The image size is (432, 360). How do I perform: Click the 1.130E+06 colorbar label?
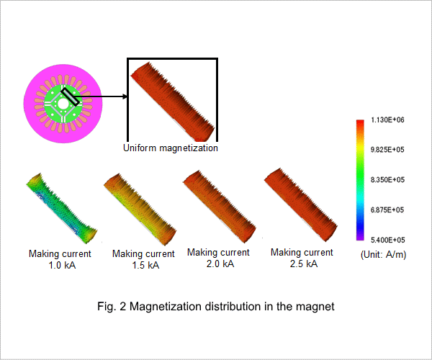[387, 120]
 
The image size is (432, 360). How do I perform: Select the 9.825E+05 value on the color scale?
[387, 150]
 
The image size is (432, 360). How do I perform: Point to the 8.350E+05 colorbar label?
[387, 180]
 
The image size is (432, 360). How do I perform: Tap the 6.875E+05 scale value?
[387, 210]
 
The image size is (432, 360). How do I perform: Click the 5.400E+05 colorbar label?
[387, 240]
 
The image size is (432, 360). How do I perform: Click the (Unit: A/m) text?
[384, 254]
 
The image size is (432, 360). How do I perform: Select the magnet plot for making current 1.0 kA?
[62, 208]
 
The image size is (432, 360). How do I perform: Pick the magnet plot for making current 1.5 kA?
[140, 210]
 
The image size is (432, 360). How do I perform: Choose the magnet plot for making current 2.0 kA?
[220, 207]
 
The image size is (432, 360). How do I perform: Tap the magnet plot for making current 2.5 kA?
[301, 205]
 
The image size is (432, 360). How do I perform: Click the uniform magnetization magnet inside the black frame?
[173, 102]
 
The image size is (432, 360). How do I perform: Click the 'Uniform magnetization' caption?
[171, 148]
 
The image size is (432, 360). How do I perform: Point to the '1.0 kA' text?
[62, 265]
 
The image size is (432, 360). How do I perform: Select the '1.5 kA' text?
[145, 265]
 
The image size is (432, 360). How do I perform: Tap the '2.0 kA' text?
[220, 264]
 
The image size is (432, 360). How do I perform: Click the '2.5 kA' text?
[304, 264]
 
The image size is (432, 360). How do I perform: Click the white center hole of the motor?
[63, 104]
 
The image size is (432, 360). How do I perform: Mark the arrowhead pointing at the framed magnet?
[125, 96]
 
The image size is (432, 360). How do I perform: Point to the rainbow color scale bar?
[360, 180]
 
